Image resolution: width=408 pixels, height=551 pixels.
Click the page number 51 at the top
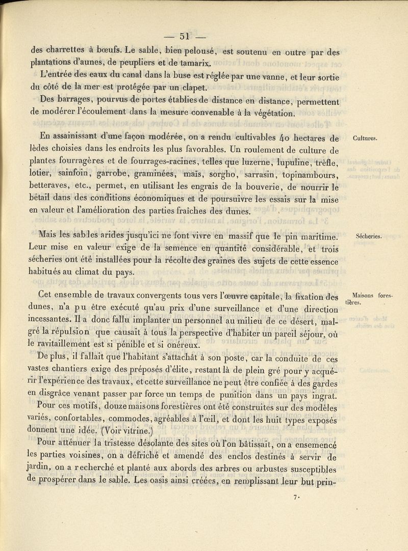184,36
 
